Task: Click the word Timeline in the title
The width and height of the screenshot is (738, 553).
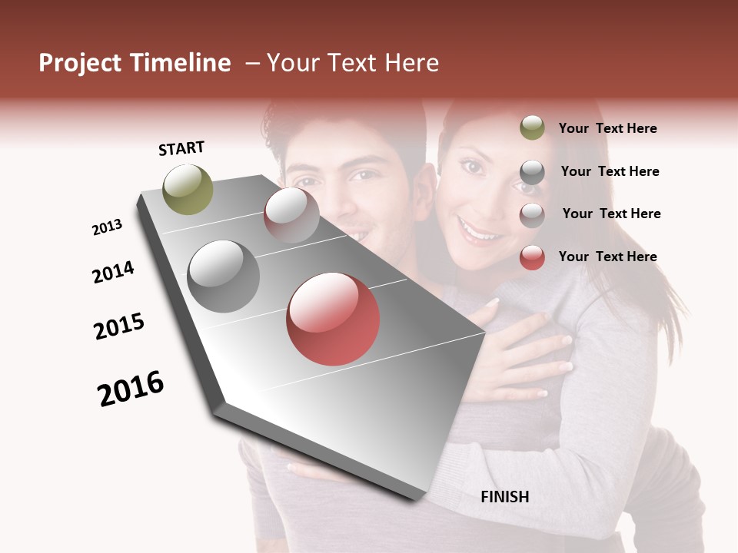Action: pyautogui.click(x=181, y=63)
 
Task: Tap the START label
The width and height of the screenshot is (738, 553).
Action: pyautogui.click(x=181, y=148)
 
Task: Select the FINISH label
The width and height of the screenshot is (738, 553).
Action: pyautogui.click(x=505, y=497)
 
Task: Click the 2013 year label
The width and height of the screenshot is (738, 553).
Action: pyautogui.click(x=108, y=227)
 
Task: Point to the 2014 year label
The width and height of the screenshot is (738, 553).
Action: pyautogui.click(x=114, y=272)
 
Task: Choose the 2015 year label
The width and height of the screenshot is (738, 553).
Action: pyautogui.click(x=119, y=326)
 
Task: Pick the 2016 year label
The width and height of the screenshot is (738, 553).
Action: pyautogui.click(x=131, y=388)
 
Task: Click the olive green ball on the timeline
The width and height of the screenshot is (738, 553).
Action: pyautogui.click(x=188, y=189)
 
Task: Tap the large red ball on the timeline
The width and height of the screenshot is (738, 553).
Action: pyautogui.click(x=333, y=319)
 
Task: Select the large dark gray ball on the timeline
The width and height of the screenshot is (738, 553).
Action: pyautogui.click(x=224, y=276)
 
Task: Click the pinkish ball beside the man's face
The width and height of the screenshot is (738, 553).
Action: pyautogui.click(x=291, y=214)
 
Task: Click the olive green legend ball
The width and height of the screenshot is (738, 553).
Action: pyautogui.click(x=532, y=127)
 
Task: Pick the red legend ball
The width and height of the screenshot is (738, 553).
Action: pyautogui.click(x=532, y=257)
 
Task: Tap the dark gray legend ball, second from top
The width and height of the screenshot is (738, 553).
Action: pyautogui.click(x=532, y=172)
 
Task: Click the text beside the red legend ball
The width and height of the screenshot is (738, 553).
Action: pyautogui.click(x=608, y=257)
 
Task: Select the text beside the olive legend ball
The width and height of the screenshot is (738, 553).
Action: pyautogui.click(x=608, y=128)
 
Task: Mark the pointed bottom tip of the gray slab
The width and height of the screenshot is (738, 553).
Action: pyautogui.click(x=419, y=501)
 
